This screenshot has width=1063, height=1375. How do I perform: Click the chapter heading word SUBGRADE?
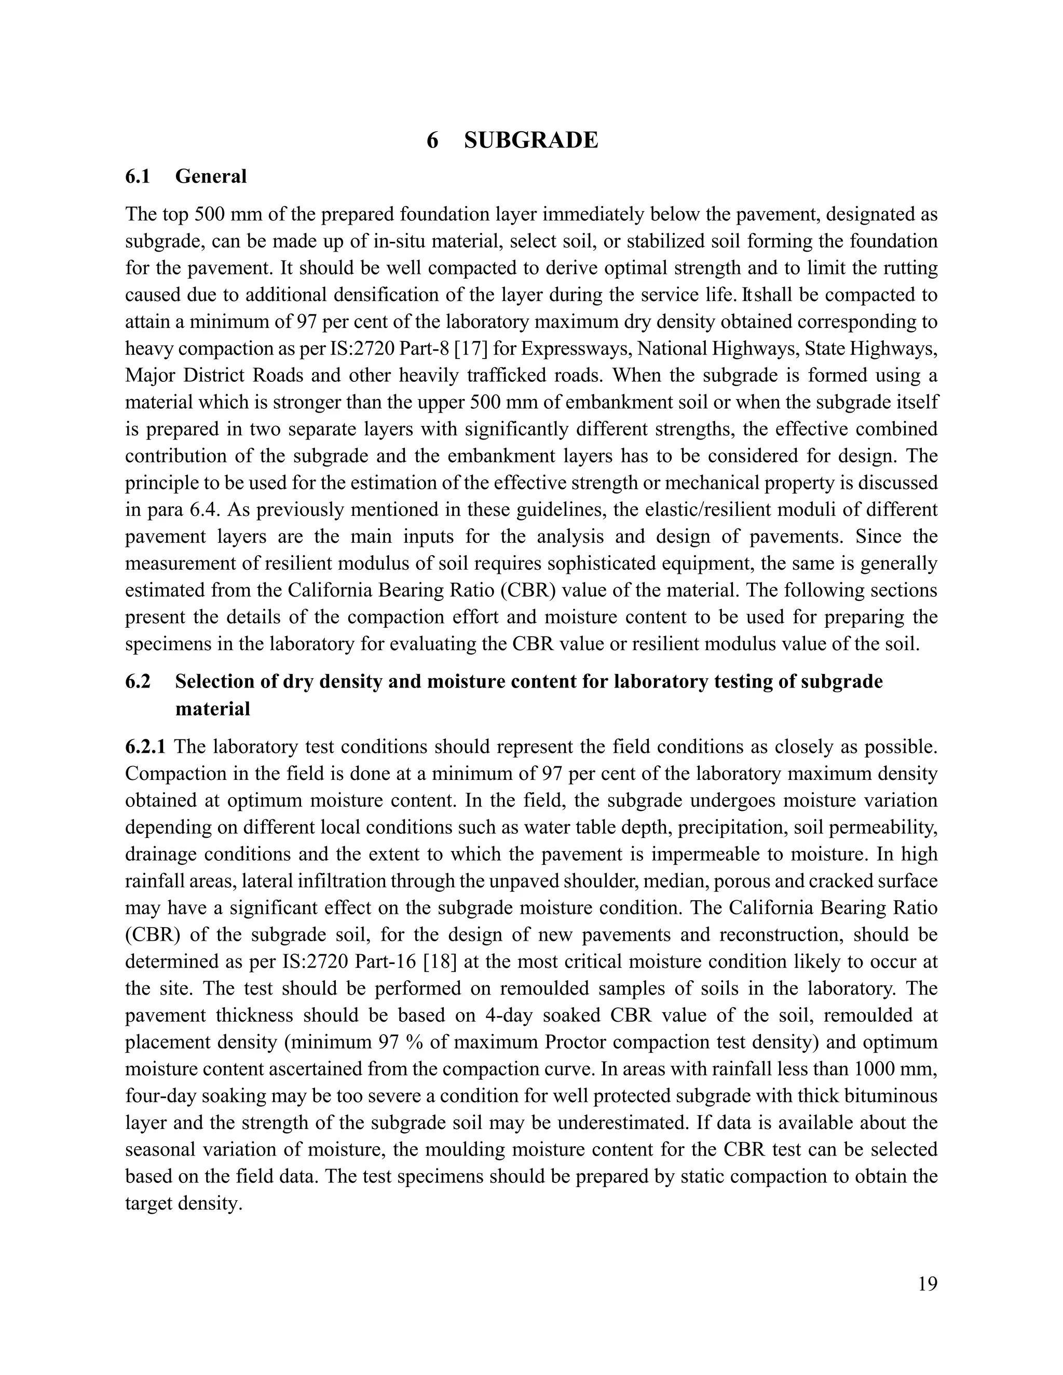[530, 140]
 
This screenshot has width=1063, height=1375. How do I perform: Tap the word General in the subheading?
[211, 176]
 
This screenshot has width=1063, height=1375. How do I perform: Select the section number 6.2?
[138, 681]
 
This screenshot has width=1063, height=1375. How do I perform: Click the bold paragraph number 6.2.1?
[145, 747]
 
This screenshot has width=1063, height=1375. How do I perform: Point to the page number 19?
[927, 1284]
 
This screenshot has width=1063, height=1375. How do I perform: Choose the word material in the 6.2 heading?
[212, 709]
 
